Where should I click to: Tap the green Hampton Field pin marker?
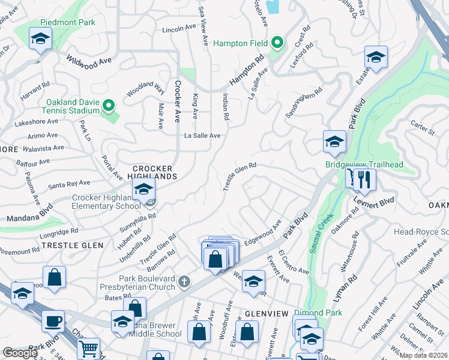click(277, 43)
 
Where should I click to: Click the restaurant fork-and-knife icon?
click(364, 178)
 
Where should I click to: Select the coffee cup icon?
click(53, 320)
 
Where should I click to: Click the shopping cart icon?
click(88, 347)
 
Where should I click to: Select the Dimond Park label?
click(318, 313)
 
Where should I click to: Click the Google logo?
click(20, 353)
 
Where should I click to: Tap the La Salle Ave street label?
click(202, 136)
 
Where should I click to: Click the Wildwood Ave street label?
click(89, 62)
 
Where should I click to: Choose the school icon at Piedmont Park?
click(41, 38)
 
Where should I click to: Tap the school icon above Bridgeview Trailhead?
click(334, 142)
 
